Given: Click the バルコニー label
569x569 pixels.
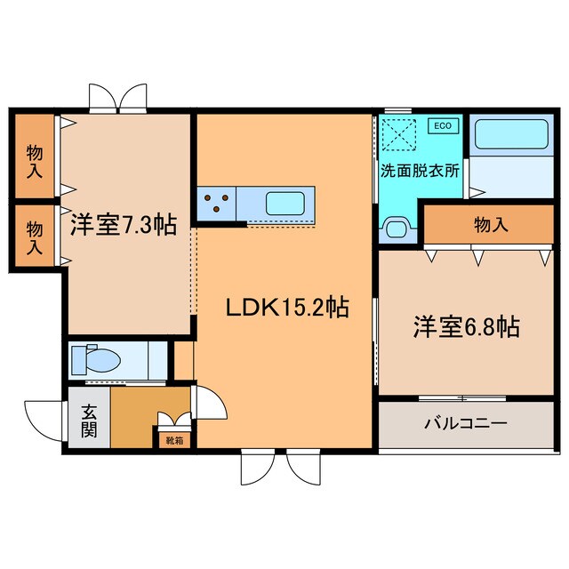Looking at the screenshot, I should (464, 423).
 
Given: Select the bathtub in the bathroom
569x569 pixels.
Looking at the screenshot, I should (510, 135).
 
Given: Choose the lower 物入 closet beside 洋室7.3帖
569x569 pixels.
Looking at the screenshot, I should (34, 236).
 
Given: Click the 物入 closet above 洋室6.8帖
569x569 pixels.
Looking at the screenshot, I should (490, 225).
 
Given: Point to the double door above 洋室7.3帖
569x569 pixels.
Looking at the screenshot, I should (118, 97).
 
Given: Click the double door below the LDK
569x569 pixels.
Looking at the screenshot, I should (275, 465).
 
